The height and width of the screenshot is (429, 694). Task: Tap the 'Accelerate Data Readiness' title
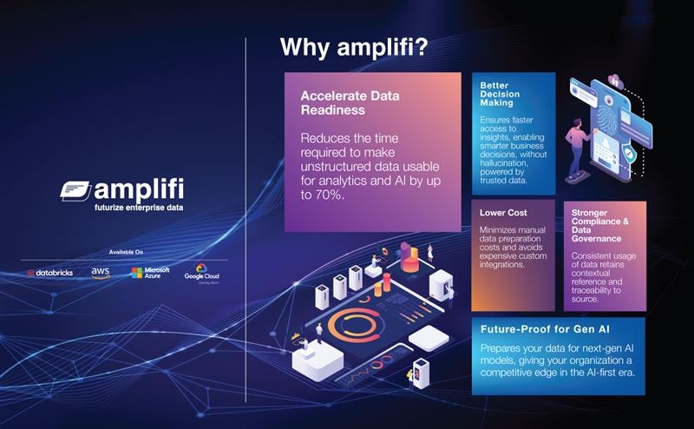(344, 103)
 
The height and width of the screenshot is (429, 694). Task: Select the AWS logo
(101, 273)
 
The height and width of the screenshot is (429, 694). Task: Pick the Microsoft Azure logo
(150, 273)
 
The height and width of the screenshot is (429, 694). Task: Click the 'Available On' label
(127, 253)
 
